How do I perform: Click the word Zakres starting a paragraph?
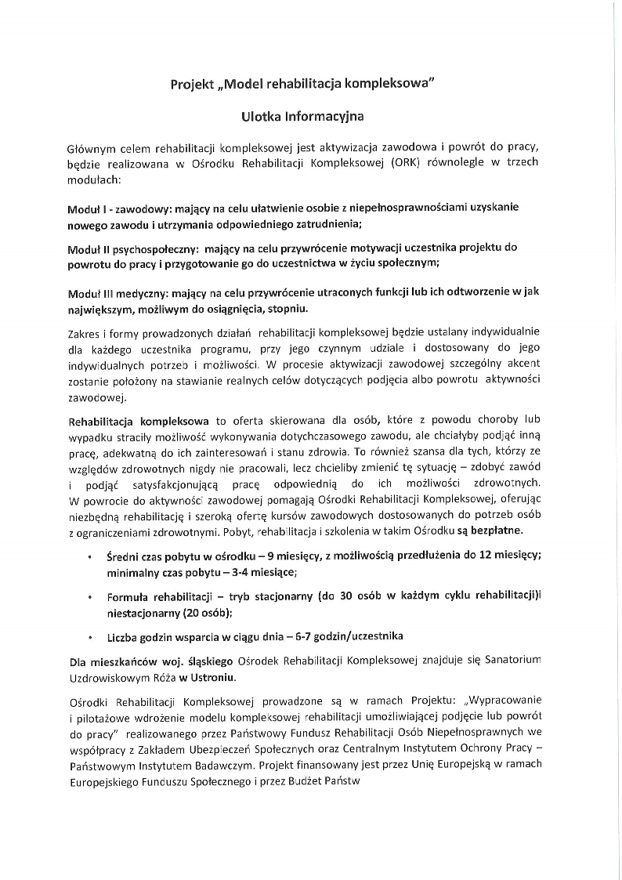(x=85, y=335)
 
